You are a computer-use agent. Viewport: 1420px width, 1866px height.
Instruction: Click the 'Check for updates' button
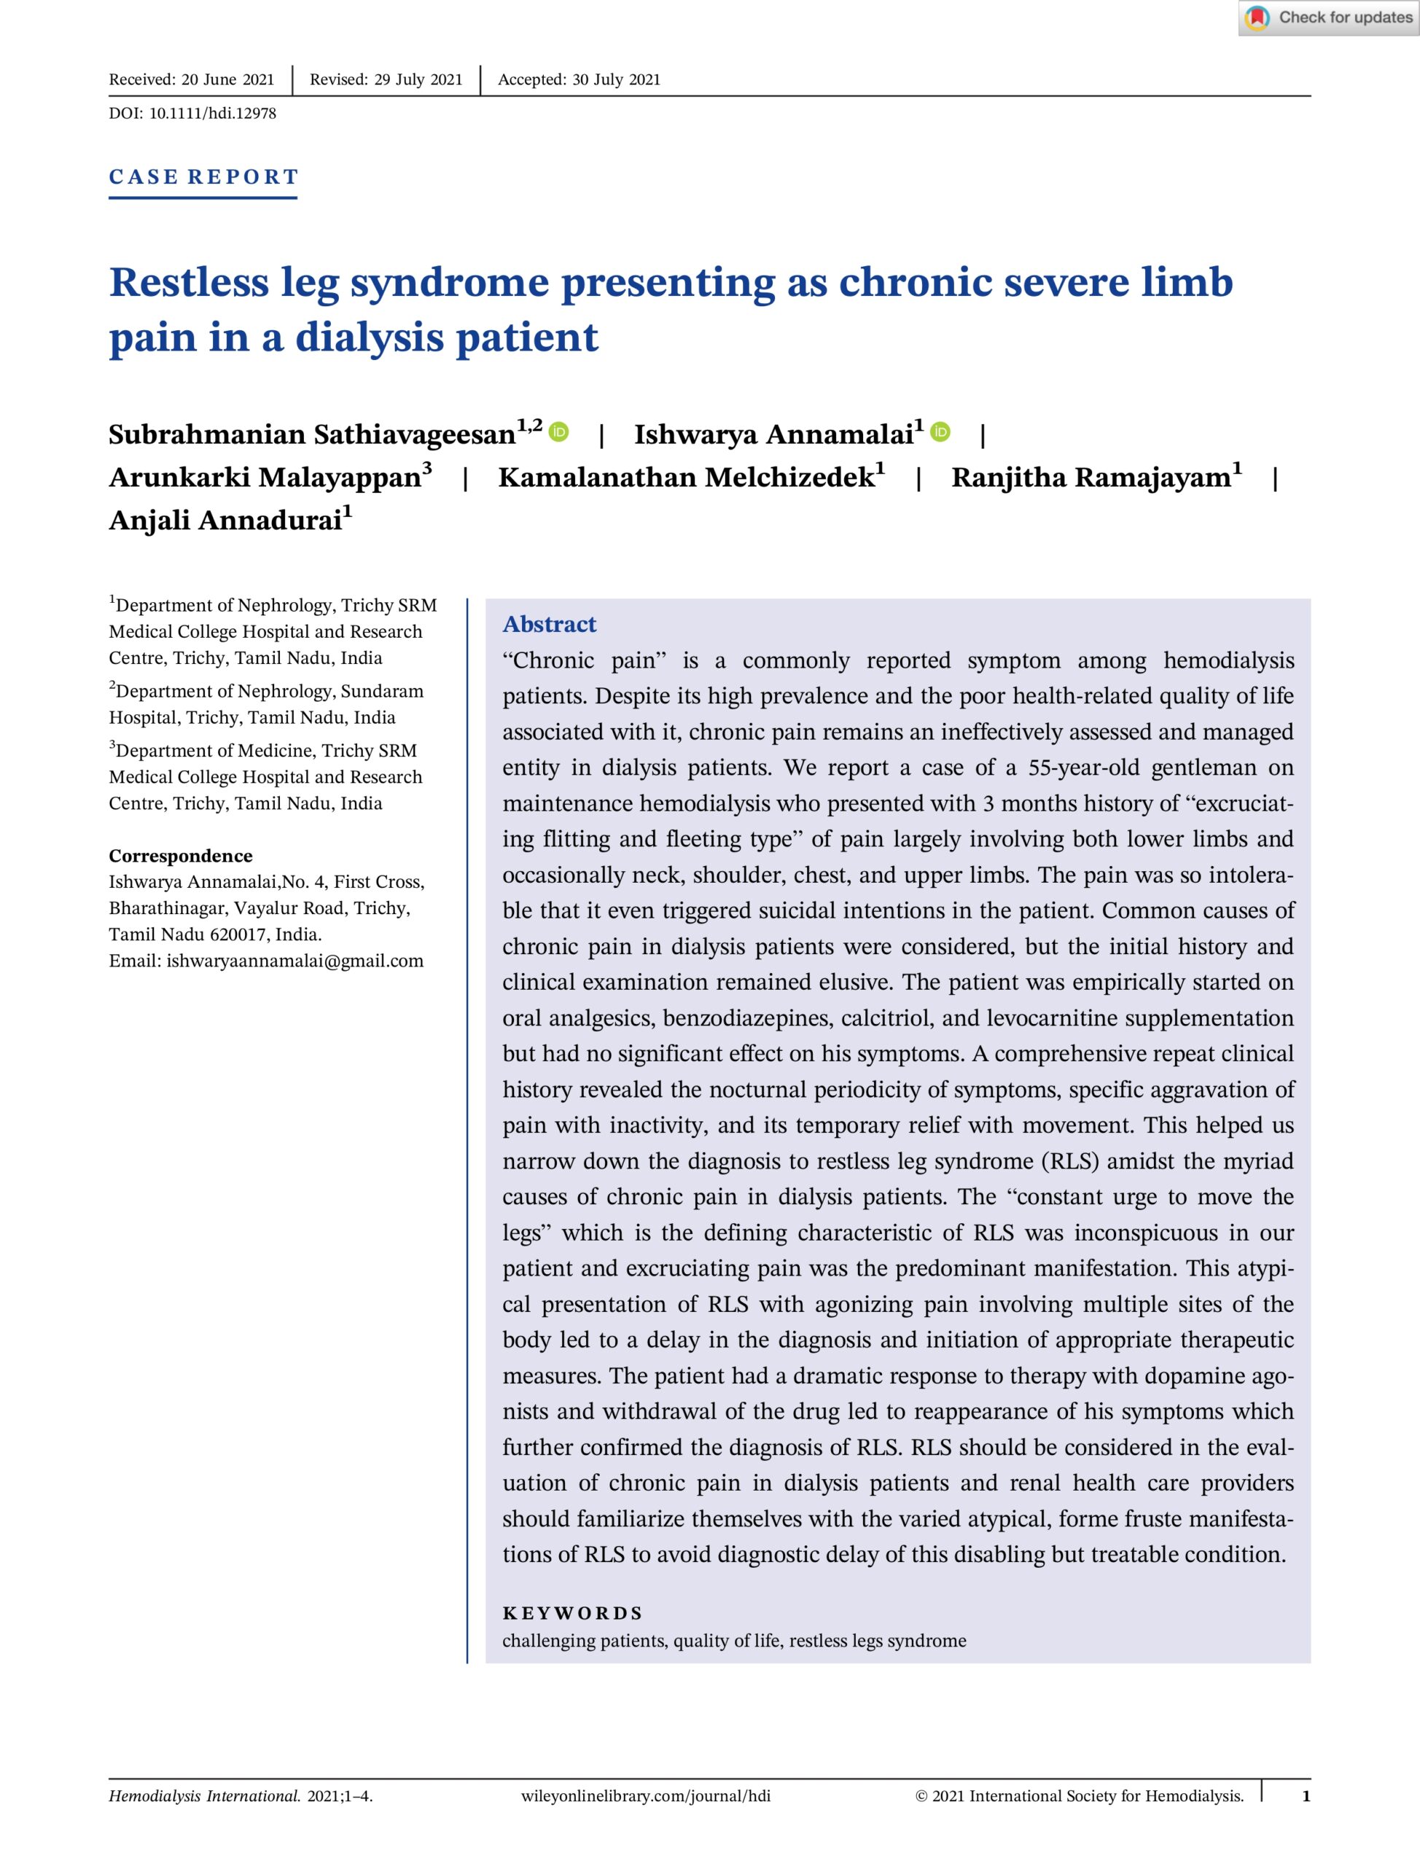click(x=1329, y=17)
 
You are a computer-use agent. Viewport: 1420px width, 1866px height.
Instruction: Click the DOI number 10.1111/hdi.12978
click(x=212, y=113)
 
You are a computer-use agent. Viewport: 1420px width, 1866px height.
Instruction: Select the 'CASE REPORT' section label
click(x=203, y=176)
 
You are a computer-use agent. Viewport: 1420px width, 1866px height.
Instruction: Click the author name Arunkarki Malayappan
click(x=265, y=477)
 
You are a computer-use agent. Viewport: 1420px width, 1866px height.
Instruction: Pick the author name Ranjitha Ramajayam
click(x=1091, y=477)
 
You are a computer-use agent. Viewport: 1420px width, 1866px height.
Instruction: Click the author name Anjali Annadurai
click(x=225, y=520)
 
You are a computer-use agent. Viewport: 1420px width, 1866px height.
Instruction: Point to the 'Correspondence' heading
click(x=180, y=855)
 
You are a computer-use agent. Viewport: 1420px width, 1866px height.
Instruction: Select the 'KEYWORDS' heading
click(x=572, y=1612)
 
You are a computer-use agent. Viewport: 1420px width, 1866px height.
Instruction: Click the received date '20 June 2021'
click(x=227, y=79)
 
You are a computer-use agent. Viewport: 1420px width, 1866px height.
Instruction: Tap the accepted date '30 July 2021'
click(x=616, y=79)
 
